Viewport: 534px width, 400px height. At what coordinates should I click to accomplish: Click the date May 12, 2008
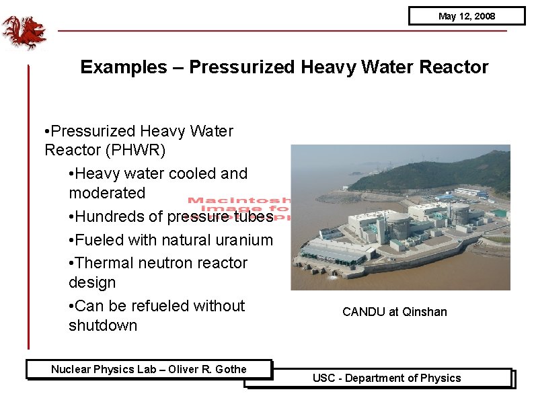(466, 16)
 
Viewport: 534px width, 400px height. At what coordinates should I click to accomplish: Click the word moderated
(107, 193)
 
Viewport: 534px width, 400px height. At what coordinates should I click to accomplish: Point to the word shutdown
(103, 325)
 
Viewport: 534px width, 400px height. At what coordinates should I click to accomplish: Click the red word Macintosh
(238, 200)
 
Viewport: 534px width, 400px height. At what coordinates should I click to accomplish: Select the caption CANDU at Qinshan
(394, 312)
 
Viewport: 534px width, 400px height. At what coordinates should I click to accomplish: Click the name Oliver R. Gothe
(207, 369)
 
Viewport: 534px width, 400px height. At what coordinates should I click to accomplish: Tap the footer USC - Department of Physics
(387, 378)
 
